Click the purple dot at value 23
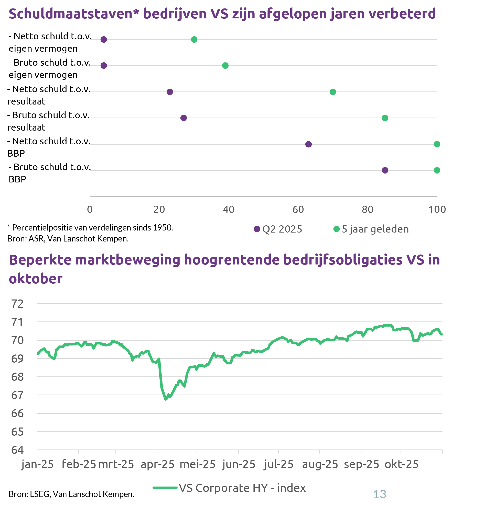(170, 92)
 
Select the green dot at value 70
(333, 92)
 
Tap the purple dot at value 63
(308, 144)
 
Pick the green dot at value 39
(225, 66)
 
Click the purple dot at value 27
(184, 118)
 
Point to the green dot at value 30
(194, 40)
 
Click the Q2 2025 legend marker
(257, 229)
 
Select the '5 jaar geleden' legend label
(375, 229)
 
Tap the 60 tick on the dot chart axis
(298, 210)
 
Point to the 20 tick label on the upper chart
(159, 210)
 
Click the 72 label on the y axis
(17, 304)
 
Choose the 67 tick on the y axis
(17, 395)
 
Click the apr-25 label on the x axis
(157, 464)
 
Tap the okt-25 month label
(401, 464)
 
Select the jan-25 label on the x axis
(37, 464)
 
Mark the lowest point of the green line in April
(166, 399)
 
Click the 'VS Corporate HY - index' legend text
(242, 488)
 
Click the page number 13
(380, 494)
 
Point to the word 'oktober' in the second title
(36, 279)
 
